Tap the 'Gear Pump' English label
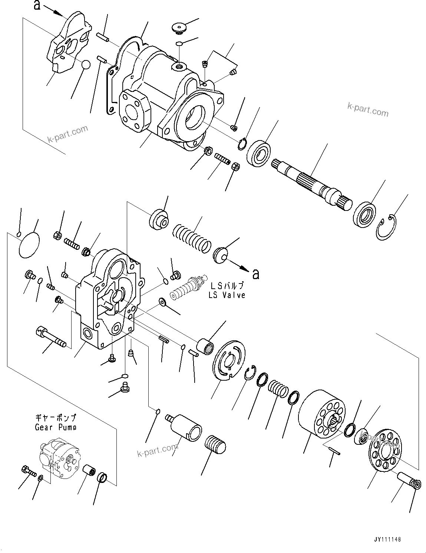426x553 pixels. pyautogui.click(x=56, y=427)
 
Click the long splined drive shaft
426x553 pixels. pyautogui.click(x=311, y=182)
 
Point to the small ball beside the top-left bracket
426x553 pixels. pyautogui.click(x=86, y=64)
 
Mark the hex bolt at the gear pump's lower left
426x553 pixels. pyautogui.click(x=29, y=471)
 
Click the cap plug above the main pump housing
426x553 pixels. pyautogui.click(x=178, y=28)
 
